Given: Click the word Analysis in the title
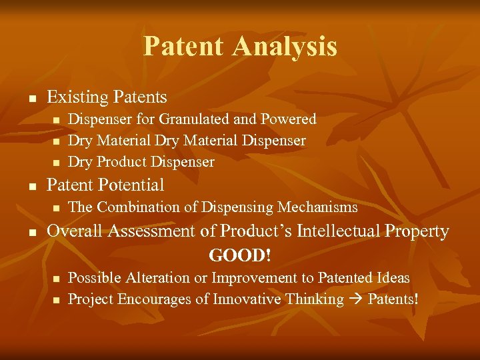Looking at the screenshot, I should tap(285, 47).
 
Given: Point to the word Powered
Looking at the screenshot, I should tap(287, 119).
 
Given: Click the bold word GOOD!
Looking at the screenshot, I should tap(241, 255).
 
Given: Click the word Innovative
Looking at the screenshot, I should tap(246, 299).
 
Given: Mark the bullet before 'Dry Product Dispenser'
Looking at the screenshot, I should tap(56, 163).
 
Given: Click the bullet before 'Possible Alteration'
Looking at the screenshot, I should tap(56, 278).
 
